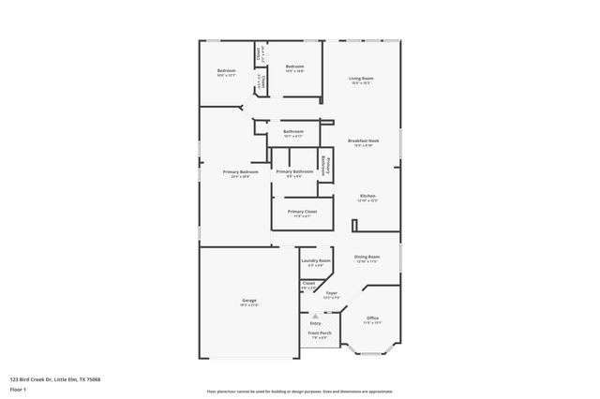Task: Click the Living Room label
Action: click(361, 79)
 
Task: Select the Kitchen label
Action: click(367, 195)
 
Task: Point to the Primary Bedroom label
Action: click(240, 171)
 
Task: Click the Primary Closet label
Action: click(294, 213)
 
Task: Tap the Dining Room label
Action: click(367, 257)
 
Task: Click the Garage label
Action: click(248, 301)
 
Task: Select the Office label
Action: click(372, 318)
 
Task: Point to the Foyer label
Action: click(331, 293)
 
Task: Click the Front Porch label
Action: click(320, 333)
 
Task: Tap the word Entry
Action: click(315, 323)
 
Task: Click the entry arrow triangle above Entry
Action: click(315, 317)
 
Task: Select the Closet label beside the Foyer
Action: click(308, 282)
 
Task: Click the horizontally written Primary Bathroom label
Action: click(294, 172)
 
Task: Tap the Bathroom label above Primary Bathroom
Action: click(292, 131)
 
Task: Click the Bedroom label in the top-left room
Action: click(226, 71)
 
